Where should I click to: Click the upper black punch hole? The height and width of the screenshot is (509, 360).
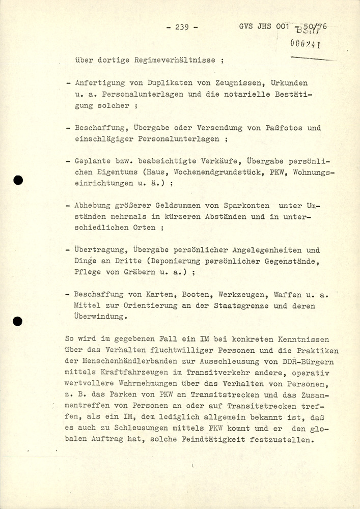click(x=18, y=180)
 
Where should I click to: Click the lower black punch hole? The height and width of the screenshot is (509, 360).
click(x=18, y=321)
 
